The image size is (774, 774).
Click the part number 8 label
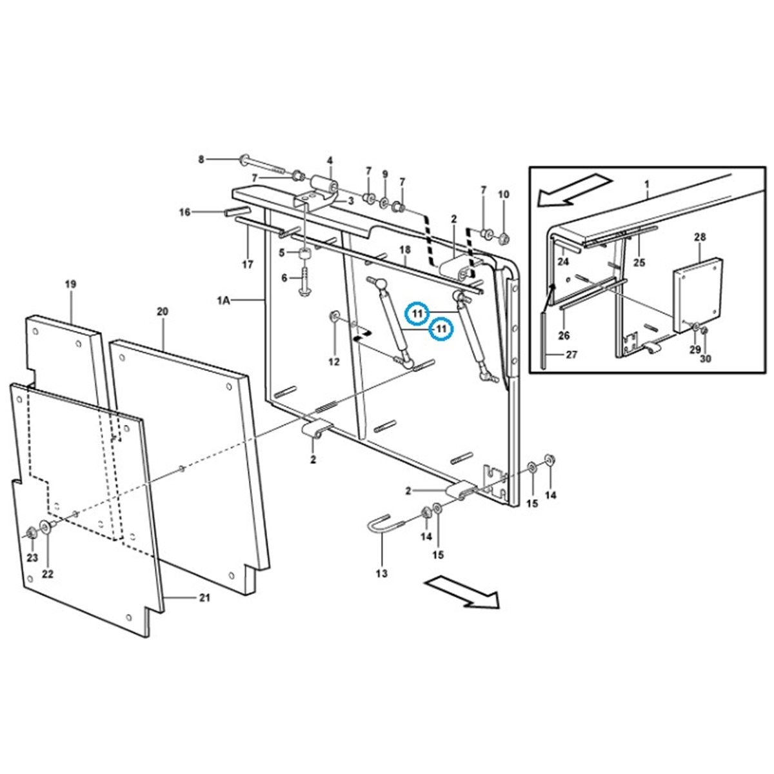201,159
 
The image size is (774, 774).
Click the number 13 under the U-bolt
382,573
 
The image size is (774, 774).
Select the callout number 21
204,598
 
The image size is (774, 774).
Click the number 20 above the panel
162,312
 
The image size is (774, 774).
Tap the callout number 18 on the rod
405,249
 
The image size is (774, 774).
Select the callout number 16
185,212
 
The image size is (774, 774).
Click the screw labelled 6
304,282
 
